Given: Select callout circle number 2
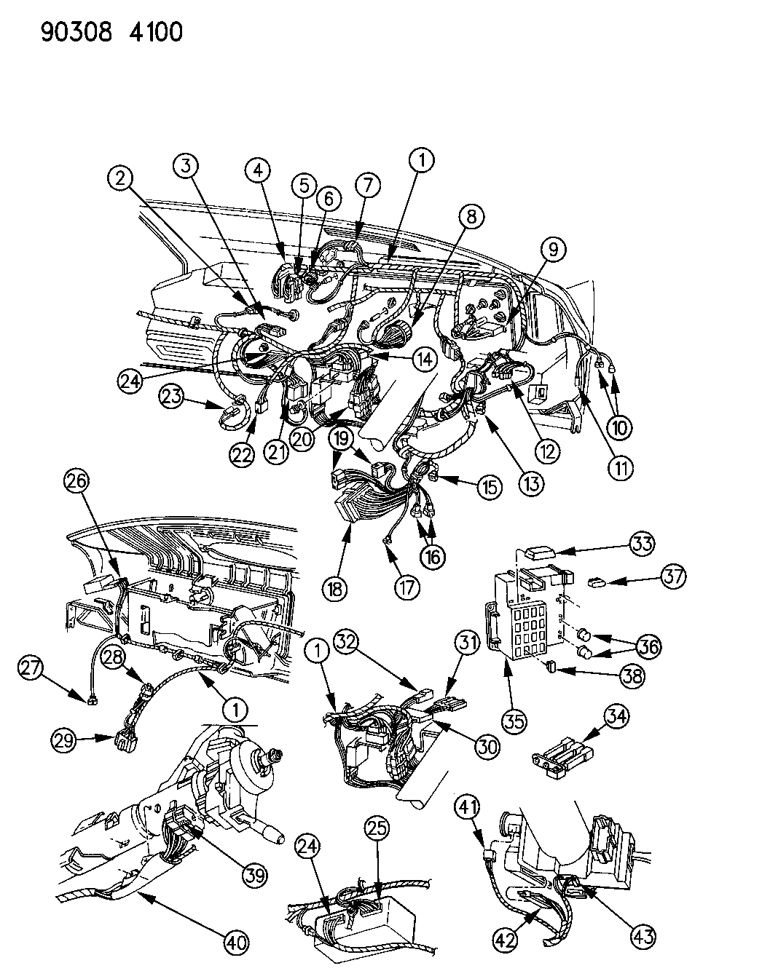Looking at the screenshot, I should pyautogui.click(x=122, y=177).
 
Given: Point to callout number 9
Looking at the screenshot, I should pyautogui.click(x=553, y=250).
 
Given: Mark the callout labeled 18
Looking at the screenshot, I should pyautogui.click(x=343, y=587).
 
